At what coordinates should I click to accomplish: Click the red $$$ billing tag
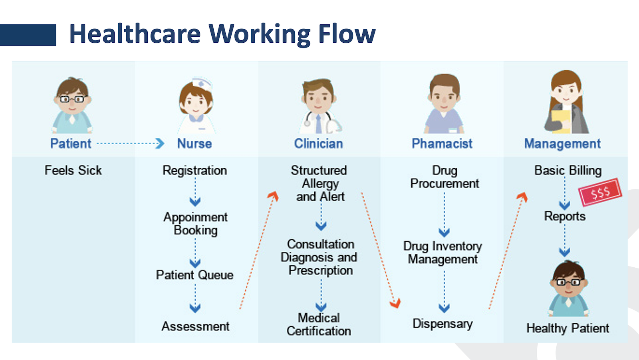click(600, 192)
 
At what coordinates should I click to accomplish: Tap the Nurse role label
click(194, 143)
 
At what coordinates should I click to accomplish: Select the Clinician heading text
click(318, 143)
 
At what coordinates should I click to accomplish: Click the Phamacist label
click(442, 143)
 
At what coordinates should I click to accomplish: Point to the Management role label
click(562, 143)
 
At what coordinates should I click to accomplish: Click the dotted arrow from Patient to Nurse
click(130, 143)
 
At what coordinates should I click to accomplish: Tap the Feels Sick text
click(73, 170)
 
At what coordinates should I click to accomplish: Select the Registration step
click(194, 171)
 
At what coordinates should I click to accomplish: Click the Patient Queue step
click(194, 275)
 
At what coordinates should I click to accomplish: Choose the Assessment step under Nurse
click(195, 326)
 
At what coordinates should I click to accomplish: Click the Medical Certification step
click(319, 324)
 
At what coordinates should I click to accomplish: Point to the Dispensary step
click(443, 324)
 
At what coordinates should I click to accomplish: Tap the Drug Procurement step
click(445, 177)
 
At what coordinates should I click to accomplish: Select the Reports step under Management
click(565, 216)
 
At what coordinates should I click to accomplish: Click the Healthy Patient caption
click(568, 328)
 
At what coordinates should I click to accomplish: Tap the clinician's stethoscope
click(308, 120)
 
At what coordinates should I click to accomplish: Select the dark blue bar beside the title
click(28, 35)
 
